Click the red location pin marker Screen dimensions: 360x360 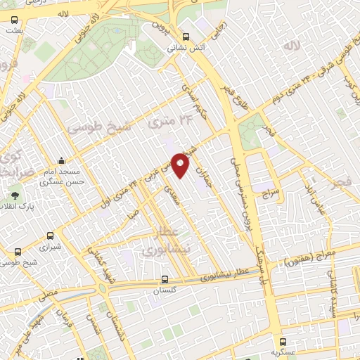pyautogui.click(x=181, y=165)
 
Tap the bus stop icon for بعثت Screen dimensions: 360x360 pyautogui.click(x=15, y=20)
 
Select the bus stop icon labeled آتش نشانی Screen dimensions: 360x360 pyautogui.click(x=186, y=37)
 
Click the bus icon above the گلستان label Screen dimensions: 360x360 pyautogui.click(x=165, y=278)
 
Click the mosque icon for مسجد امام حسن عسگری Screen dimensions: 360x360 pyautogui.click(x=62, y=160)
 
